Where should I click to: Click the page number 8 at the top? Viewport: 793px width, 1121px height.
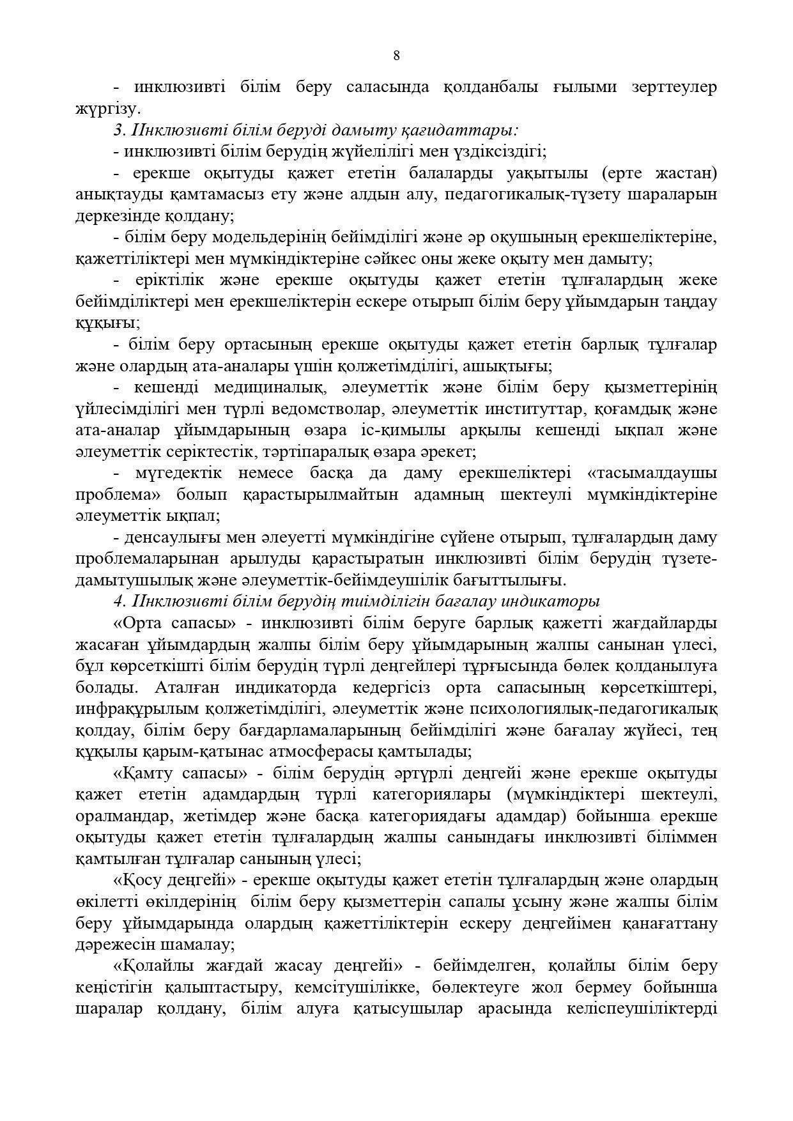click(x=396, y=56)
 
